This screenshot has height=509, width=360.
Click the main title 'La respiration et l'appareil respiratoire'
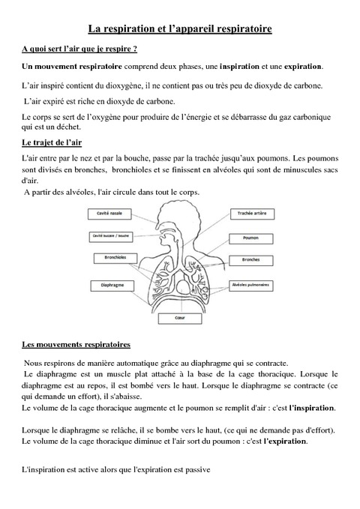(x=180, y=28)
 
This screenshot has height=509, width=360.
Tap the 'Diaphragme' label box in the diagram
(x=106, y=285)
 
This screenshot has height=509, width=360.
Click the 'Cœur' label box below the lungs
(x=179, y=316)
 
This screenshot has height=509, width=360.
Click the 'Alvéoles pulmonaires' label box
(x=253, y=286)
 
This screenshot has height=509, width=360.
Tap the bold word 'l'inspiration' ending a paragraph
(x=313, y=409)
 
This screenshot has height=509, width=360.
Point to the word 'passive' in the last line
(x=197, y=471)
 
